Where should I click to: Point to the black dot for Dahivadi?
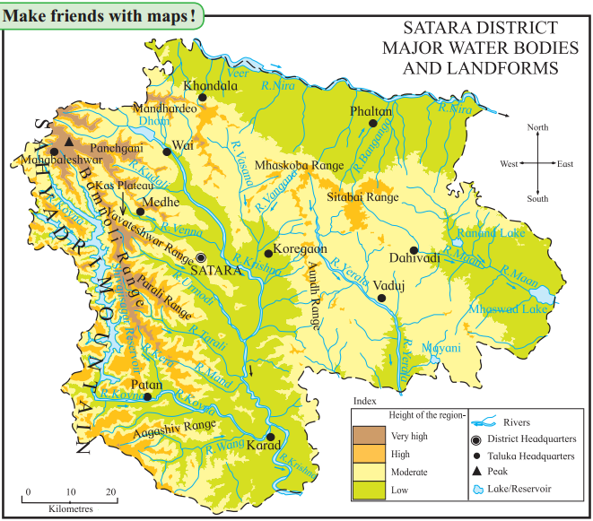pos(414,250)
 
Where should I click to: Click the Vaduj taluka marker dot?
pos(380,297)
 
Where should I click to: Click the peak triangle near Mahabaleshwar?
pos(69,143)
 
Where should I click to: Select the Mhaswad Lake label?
pos(507,309)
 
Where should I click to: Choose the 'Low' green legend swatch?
pos(368,489)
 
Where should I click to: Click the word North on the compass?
pos(537,128)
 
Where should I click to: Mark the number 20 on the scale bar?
pos(111,491)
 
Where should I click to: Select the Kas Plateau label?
pos(120,184)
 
